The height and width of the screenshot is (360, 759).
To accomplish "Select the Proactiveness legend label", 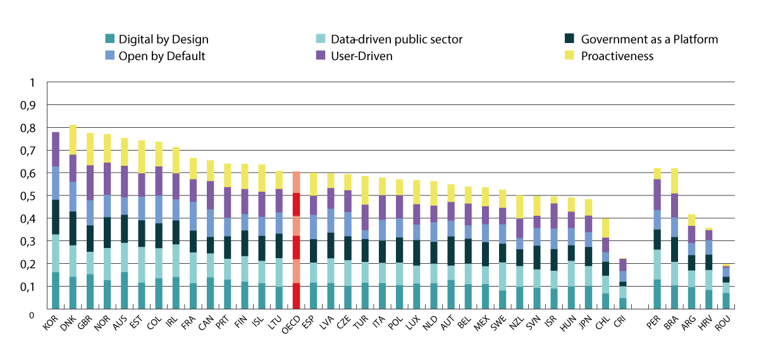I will (617, 56).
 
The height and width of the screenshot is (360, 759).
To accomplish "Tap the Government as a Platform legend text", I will (649, 39).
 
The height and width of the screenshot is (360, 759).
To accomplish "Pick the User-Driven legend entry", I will (362, 56).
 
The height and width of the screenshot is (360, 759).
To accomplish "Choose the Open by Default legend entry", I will (162, 56).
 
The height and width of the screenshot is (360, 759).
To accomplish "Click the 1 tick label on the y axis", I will (34, 82).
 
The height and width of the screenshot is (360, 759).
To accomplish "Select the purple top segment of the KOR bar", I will (56, 149).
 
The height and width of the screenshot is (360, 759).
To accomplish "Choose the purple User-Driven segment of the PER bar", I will (658, 194).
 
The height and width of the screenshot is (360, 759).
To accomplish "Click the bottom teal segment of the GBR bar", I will (90, 292).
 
